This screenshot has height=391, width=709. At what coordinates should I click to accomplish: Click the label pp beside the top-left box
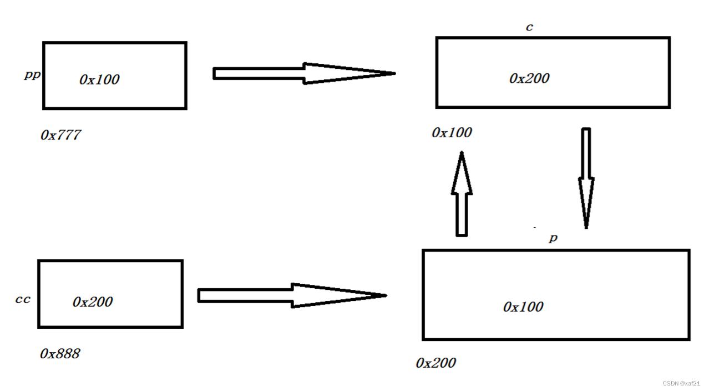[x=32, y=75]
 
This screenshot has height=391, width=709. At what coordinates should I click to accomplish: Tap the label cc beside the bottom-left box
[x=23, y=299]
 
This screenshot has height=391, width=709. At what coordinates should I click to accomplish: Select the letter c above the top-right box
[x=529, y=27]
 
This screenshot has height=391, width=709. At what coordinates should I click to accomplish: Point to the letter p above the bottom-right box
[x=553, y=238]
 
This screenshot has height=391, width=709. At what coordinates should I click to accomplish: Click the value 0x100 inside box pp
[x=99, y=79]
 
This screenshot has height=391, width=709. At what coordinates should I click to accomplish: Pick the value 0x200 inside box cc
[x=93, y=302]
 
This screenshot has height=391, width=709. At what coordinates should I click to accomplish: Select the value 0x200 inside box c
[x=529, y=78]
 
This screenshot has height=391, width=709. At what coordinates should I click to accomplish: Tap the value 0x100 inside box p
[x=523, y=307]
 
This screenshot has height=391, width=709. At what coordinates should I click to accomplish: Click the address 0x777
[x=60, y=135]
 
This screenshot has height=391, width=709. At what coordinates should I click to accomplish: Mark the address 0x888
[x=60, y=354]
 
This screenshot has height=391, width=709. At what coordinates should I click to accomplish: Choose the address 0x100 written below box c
[x=452, y=133]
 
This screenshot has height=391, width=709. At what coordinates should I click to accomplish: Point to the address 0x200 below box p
[x=435, y=363]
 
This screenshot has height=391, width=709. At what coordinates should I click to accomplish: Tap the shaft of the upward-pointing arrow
[x=462, y=214]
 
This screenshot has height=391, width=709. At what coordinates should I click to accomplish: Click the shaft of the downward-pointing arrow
[x=586, y=153]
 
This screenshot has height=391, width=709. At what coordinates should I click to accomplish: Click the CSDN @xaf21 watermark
[x=681, y=383]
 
